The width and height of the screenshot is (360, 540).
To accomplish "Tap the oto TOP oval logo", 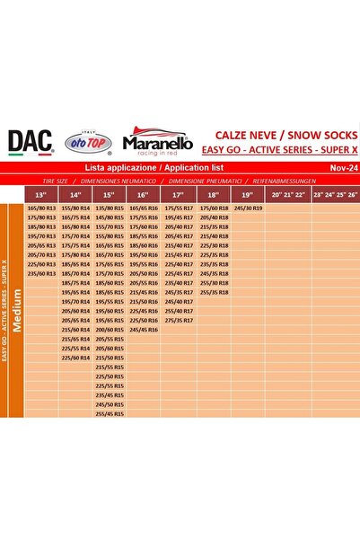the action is tap(85, 141).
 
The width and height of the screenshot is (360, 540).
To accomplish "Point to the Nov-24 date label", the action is tap(339, 167).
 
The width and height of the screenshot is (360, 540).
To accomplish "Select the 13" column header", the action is tap(40, 194).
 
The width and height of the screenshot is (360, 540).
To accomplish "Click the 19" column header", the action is tap(245, 194).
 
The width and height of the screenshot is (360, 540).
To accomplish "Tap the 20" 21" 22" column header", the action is tap(289, 194).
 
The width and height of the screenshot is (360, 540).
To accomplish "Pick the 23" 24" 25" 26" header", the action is tap(335, 194).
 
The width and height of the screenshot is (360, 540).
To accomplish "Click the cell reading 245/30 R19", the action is tap(248, 208).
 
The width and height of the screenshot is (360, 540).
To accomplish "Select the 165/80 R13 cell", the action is tap(41, 208).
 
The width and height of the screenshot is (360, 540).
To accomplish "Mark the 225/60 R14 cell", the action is tap(75, 357).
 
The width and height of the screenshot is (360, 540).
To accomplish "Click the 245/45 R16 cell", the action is tap(143, 329).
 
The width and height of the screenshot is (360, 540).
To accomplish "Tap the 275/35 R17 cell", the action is tap(179, 320).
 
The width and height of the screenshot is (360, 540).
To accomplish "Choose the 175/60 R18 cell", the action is tap(214, 208).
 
